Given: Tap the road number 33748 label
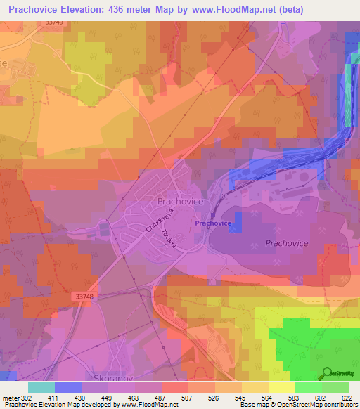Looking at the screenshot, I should pyautogui.click(x=83, y=297).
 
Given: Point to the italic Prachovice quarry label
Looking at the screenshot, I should pyautogui.click(x=288, y=242).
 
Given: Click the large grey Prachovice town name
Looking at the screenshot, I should pyautogui.click(x=180, y=202).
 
